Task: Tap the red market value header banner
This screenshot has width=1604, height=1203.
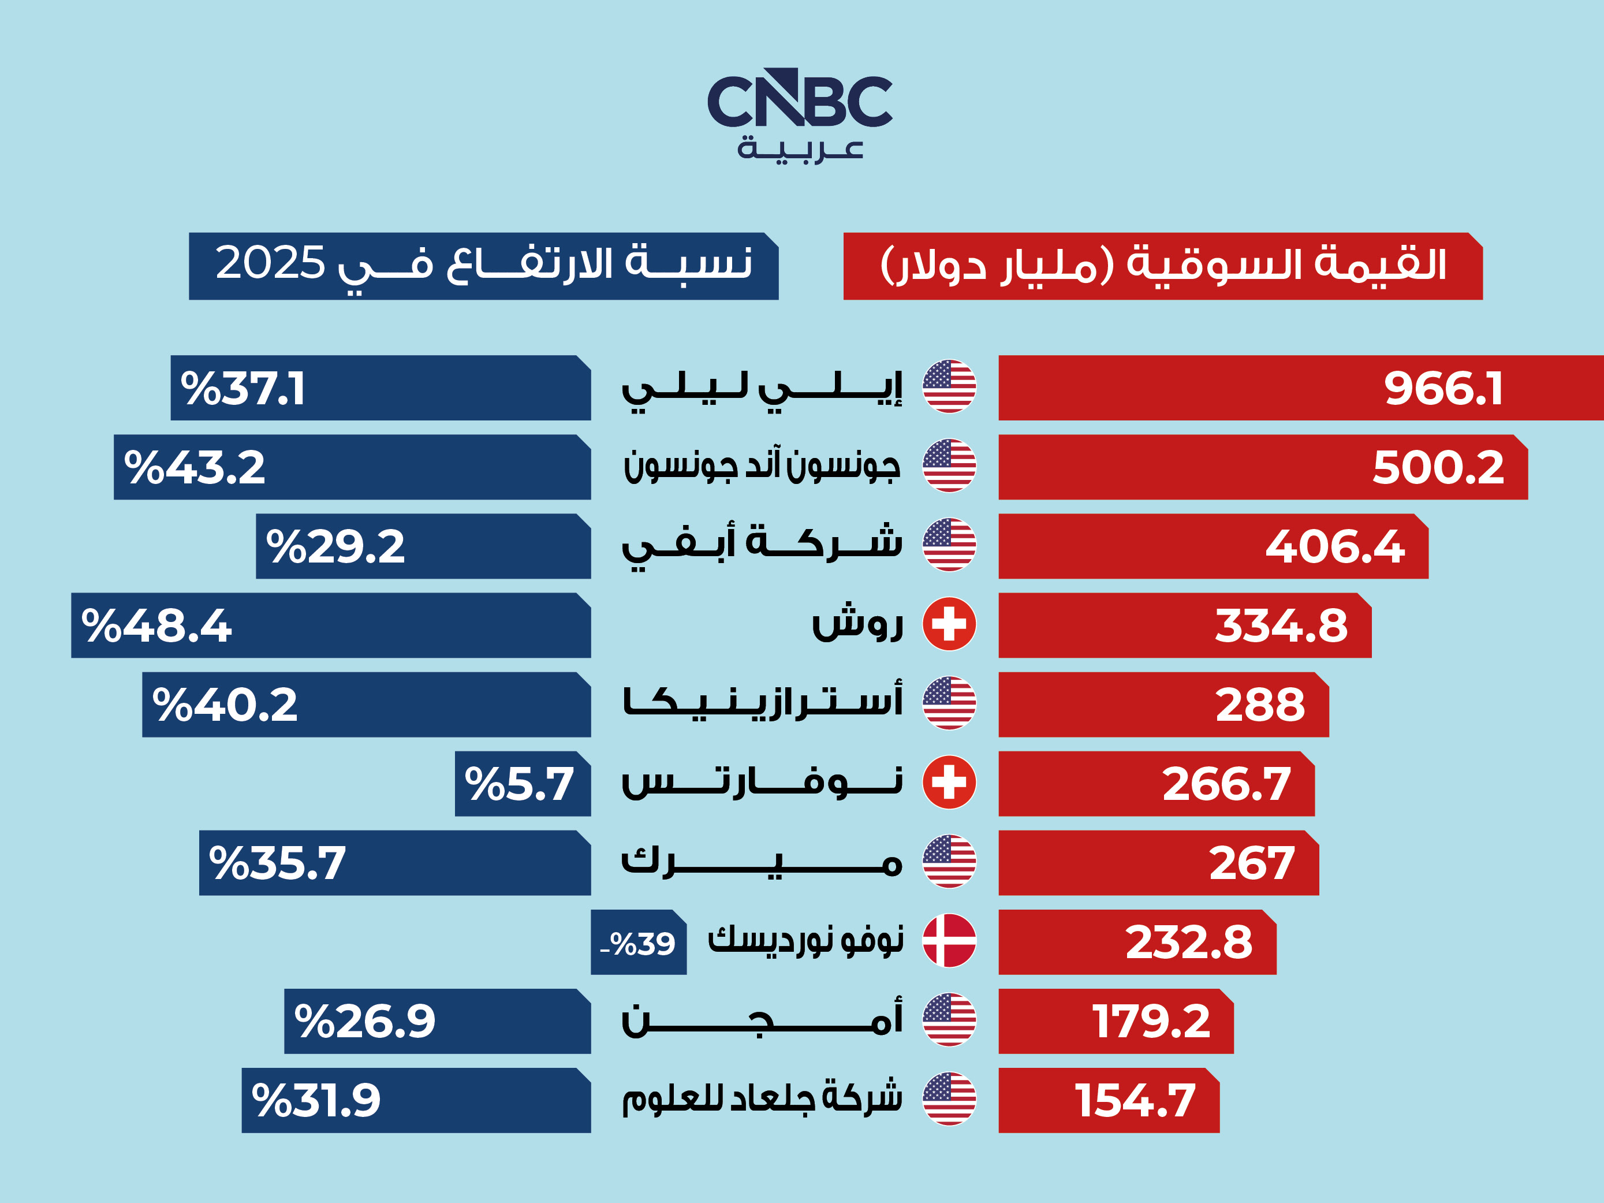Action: [1162, 266]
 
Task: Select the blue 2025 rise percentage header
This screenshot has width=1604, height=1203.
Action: [484, 266]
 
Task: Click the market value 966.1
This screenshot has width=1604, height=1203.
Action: [1443, 389]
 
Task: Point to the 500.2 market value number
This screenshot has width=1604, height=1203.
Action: [1438, 468]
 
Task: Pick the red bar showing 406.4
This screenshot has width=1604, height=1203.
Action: [1213, 546]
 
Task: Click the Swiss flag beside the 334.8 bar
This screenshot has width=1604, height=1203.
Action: [949, 624]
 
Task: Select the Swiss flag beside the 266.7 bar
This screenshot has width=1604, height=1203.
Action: [949, 783]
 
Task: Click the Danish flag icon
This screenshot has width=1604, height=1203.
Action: [949, 940]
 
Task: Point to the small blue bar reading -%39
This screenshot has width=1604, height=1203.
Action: [638, 943]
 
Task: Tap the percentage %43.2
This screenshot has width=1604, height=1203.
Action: [195, 468]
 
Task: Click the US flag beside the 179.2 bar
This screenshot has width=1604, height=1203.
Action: [949, 1019]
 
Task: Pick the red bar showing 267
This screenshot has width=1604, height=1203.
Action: [1158, 863]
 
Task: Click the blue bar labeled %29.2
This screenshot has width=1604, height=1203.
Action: [423, 546]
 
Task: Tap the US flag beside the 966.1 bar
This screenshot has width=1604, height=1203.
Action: [949, 386]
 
